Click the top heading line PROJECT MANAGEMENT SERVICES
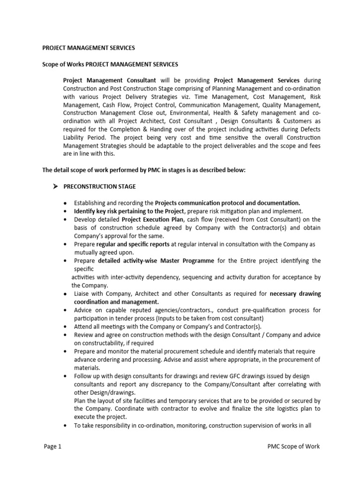point(89,48)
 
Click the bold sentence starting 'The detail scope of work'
point(144,170)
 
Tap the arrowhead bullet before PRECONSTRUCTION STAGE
point(55,187)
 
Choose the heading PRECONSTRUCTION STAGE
point(105,187)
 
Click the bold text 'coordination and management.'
point(116,302)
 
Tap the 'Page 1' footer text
point(52,446)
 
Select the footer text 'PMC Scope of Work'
point(291,446)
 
